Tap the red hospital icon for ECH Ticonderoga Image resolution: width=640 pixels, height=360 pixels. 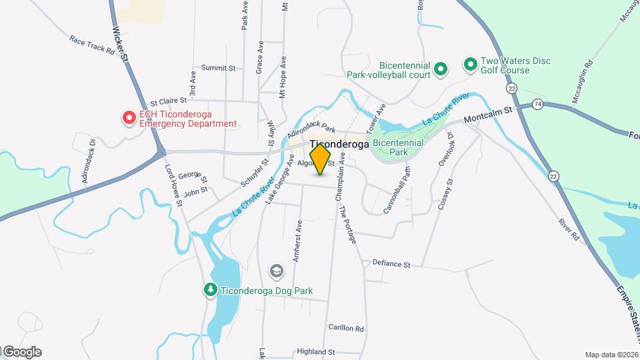[129, 119]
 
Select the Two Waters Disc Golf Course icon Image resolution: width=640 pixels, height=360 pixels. [470, 65]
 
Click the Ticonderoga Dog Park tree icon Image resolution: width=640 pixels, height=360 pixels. [211, 290]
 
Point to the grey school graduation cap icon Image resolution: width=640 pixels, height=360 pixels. [275, 271]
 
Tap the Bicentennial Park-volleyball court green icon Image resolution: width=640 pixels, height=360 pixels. [440, 69]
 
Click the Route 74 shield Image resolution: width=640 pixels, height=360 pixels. [537, 105]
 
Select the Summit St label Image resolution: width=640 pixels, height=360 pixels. [219, 68]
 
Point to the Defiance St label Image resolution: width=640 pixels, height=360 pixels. [391, 264]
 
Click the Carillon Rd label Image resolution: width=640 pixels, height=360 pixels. [346, 328]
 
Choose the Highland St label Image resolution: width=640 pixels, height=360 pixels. [315, 351]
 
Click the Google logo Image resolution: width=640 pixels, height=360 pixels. [21, 352]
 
